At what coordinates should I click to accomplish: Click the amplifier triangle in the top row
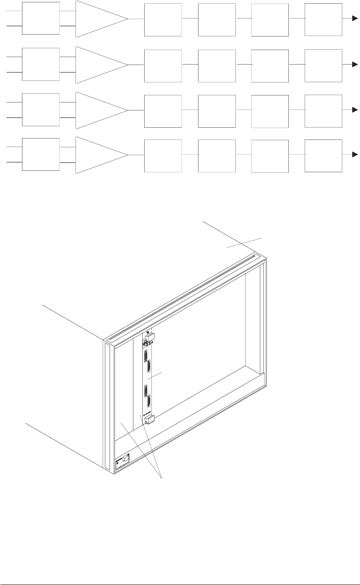(x=98, y=19)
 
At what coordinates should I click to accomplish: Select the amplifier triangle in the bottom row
(x=98, y=154)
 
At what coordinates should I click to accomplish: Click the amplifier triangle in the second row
(x=98, y=64)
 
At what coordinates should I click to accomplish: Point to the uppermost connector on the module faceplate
(x=147, y=356)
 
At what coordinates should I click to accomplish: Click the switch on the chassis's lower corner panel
(x=125, y=462)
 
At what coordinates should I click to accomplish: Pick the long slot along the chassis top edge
(x=183, y=297)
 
